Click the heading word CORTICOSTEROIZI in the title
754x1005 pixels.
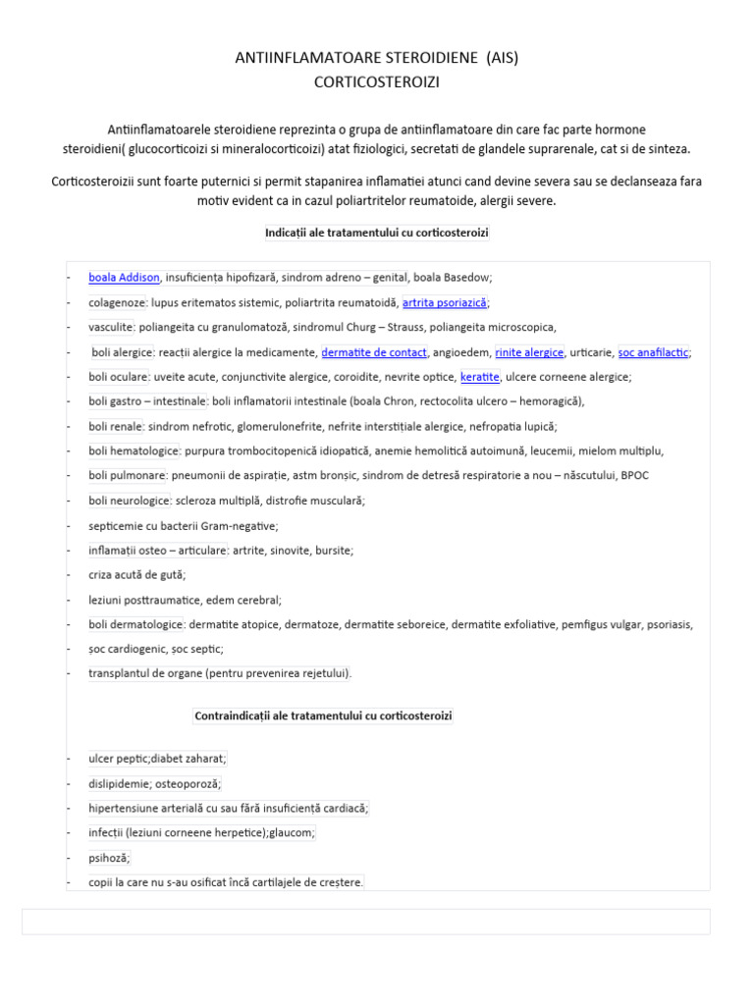pyautogui.click(x=377, y=83)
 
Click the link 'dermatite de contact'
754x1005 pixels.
pyautogui.click(x=374, y=352)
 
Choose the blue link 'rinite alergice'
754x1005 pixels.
pyautogui.click(x=529, y=352)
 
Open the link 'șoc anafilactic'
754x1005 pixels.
pyautogui.click(x=653, y=352)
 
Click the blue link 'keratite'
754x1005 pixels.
pyautogui.click(x=480, y=377)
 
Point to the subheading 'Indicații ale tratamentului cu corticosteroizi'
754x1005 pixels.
pyautogui.click(x=377, y=233)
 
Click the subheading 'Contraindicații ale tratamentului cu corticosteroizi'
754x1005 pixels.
pyautogui.click(x=324, y=716)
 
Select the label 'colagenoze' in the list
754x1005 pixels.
pyautogui.click(x=117, y=303)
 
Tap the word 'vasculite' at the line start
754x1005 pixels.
pyautogui.click(x=111, y=328)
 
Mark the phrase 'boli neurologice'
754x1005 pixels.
pyautogui.click(x=129, y=501)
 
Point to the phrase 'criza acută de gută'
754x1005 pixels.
pyautogui.click(x=136, y=575)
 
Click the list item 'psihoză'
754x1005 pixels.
pyautogui.click(x=109, y=857)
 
